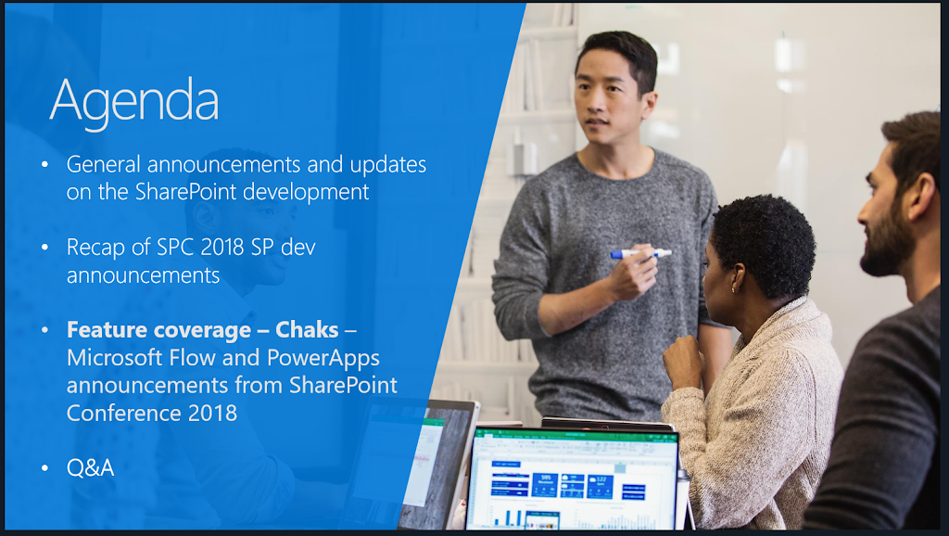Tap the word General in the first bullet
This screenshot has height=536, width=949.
(x=104, y=164)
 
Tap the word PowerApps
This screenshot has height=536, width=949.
(x=323, y=359)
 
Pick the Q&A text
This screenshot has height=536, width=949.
(x=90, y=467)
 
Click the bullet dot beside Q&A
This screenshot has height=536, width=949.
(x=44, y=468)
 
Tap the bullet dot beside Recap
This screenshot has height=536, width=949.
(x=44, y=247)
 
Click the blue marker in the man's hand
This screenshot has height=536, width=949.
(x=640, y=254)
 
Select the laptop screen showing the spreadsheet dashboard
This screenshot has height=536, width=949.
(x=573, y=479)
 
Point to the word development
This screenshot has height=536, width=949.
(x=306, y=193)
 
